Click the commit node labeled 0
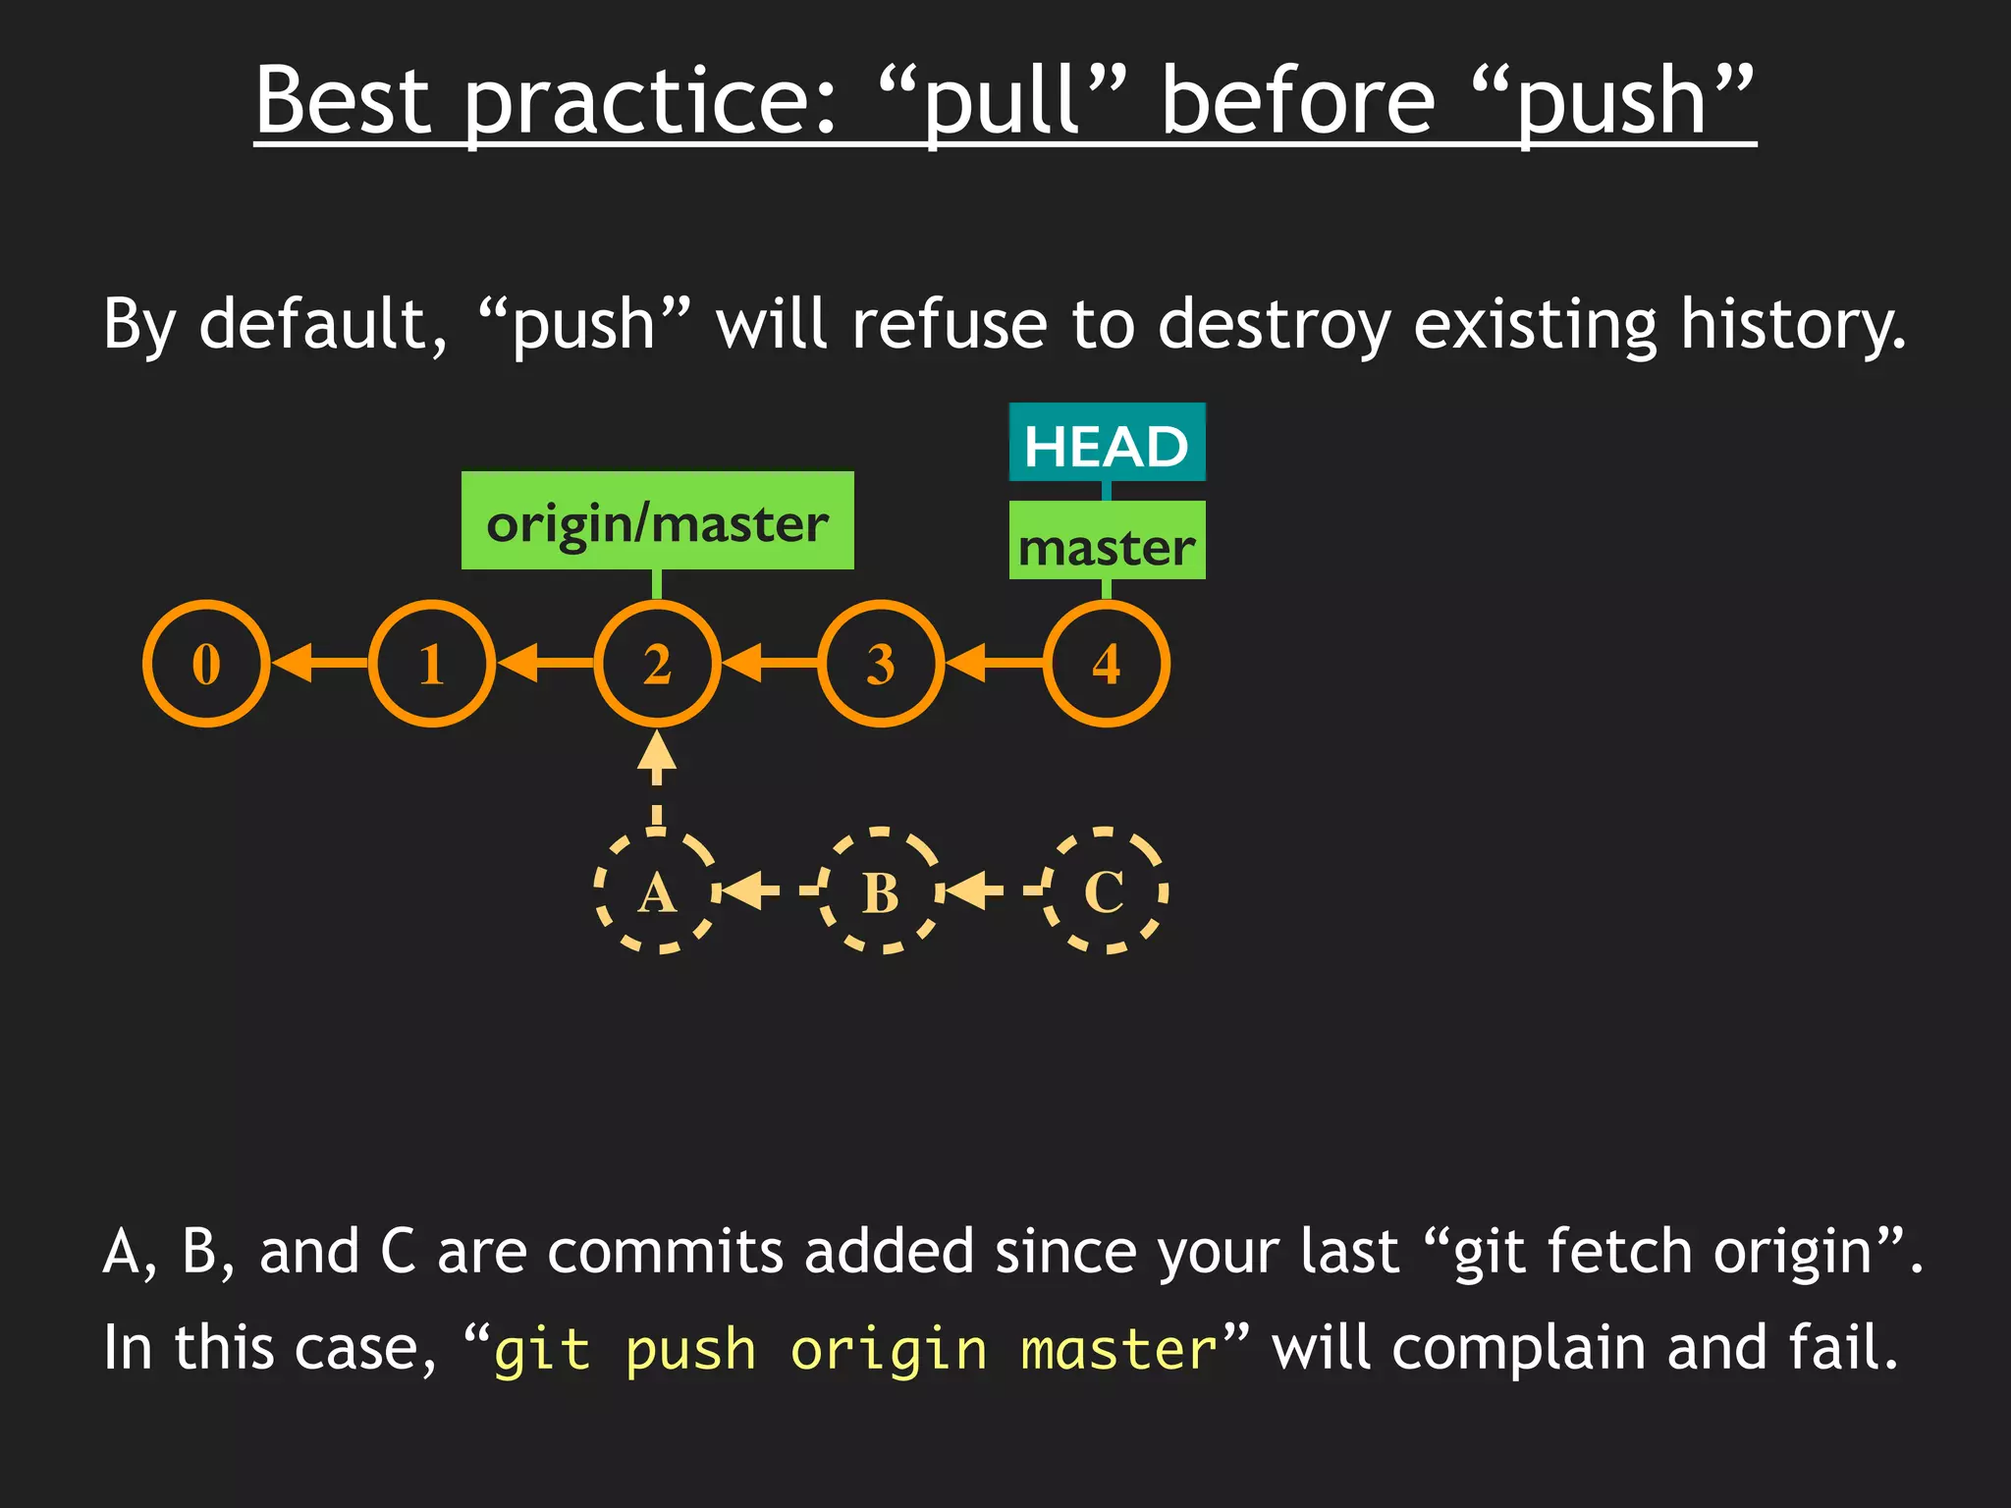(206, 664)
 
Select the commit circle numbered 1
(431, 664)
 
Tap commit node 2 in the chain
(657, 664)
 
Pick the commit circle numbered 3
(881, 664)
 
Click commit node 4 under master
(1107, 664)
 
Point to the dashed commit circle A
(656, 891)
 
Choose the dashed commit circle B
(881, 891)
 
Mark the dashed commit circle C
(1105, 891)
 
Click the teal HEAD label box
(1107, 443)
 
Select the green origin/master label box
(657, 520)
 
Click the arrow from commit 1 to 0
(320, 664)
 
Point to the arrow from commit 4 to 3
(994, 664)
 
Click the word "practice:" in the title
(650, 102)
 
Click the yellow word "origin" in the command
(888, 1349)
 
